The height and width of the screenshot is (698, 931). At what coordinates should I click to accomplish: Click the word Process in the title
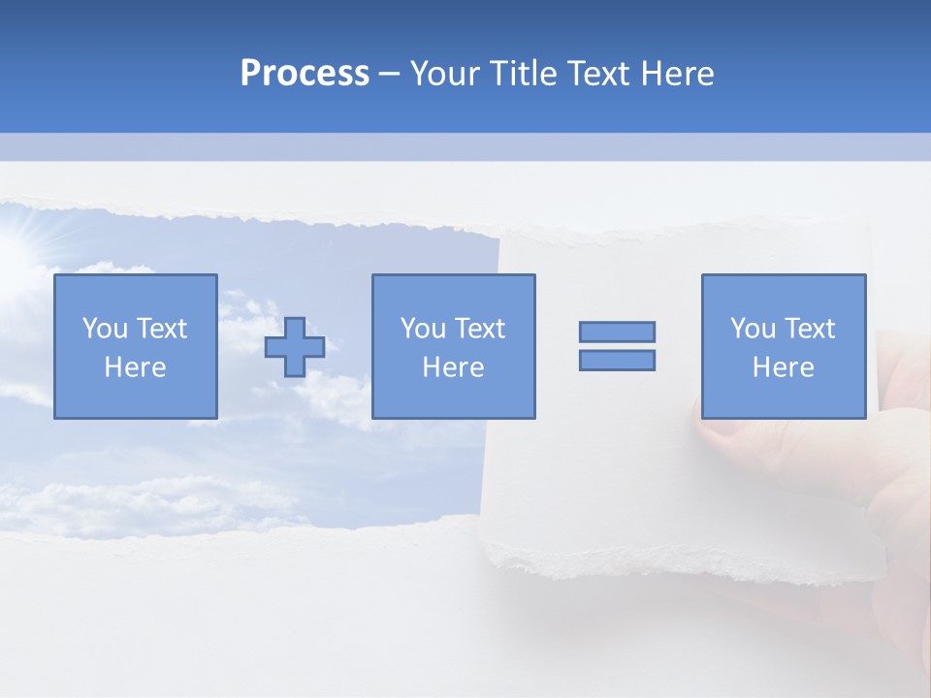[305, 74]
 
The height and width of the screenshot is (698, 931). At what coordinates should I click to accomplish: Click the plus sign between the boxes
[295, 347]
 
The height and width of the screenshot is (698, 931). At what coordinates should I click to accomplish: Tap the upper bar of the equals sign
[617, 332]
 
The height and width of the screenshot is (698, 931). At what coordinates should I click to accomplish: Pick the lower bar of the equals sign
[617, 360]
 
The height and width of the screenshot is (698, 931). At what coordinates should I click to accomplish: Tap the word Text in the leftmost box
[161, 329]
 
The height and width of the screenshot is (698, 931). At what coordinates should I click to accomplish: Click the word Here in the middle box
[453, 367]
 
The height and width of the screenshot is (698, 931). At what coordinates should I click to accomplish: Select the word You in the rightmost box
[753, 329]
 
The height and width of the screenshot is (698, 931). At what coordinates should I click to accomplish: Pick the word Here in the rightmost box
[783, 367]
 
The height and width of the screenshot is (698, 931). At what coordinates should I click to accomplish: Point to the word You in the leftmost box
[105, 329]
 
